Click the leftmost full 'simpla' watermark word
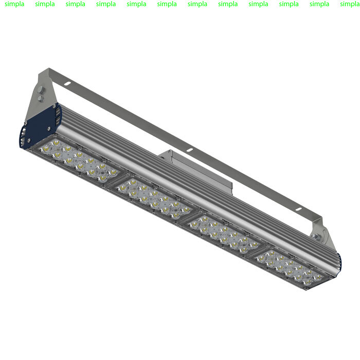point(14,4)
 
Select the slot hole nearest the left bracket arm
point(67,81)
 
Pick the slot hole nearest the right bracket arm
point(297,209)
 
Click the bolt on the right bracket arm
point(317,238)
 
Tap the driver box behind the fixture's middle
point(201,170)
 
